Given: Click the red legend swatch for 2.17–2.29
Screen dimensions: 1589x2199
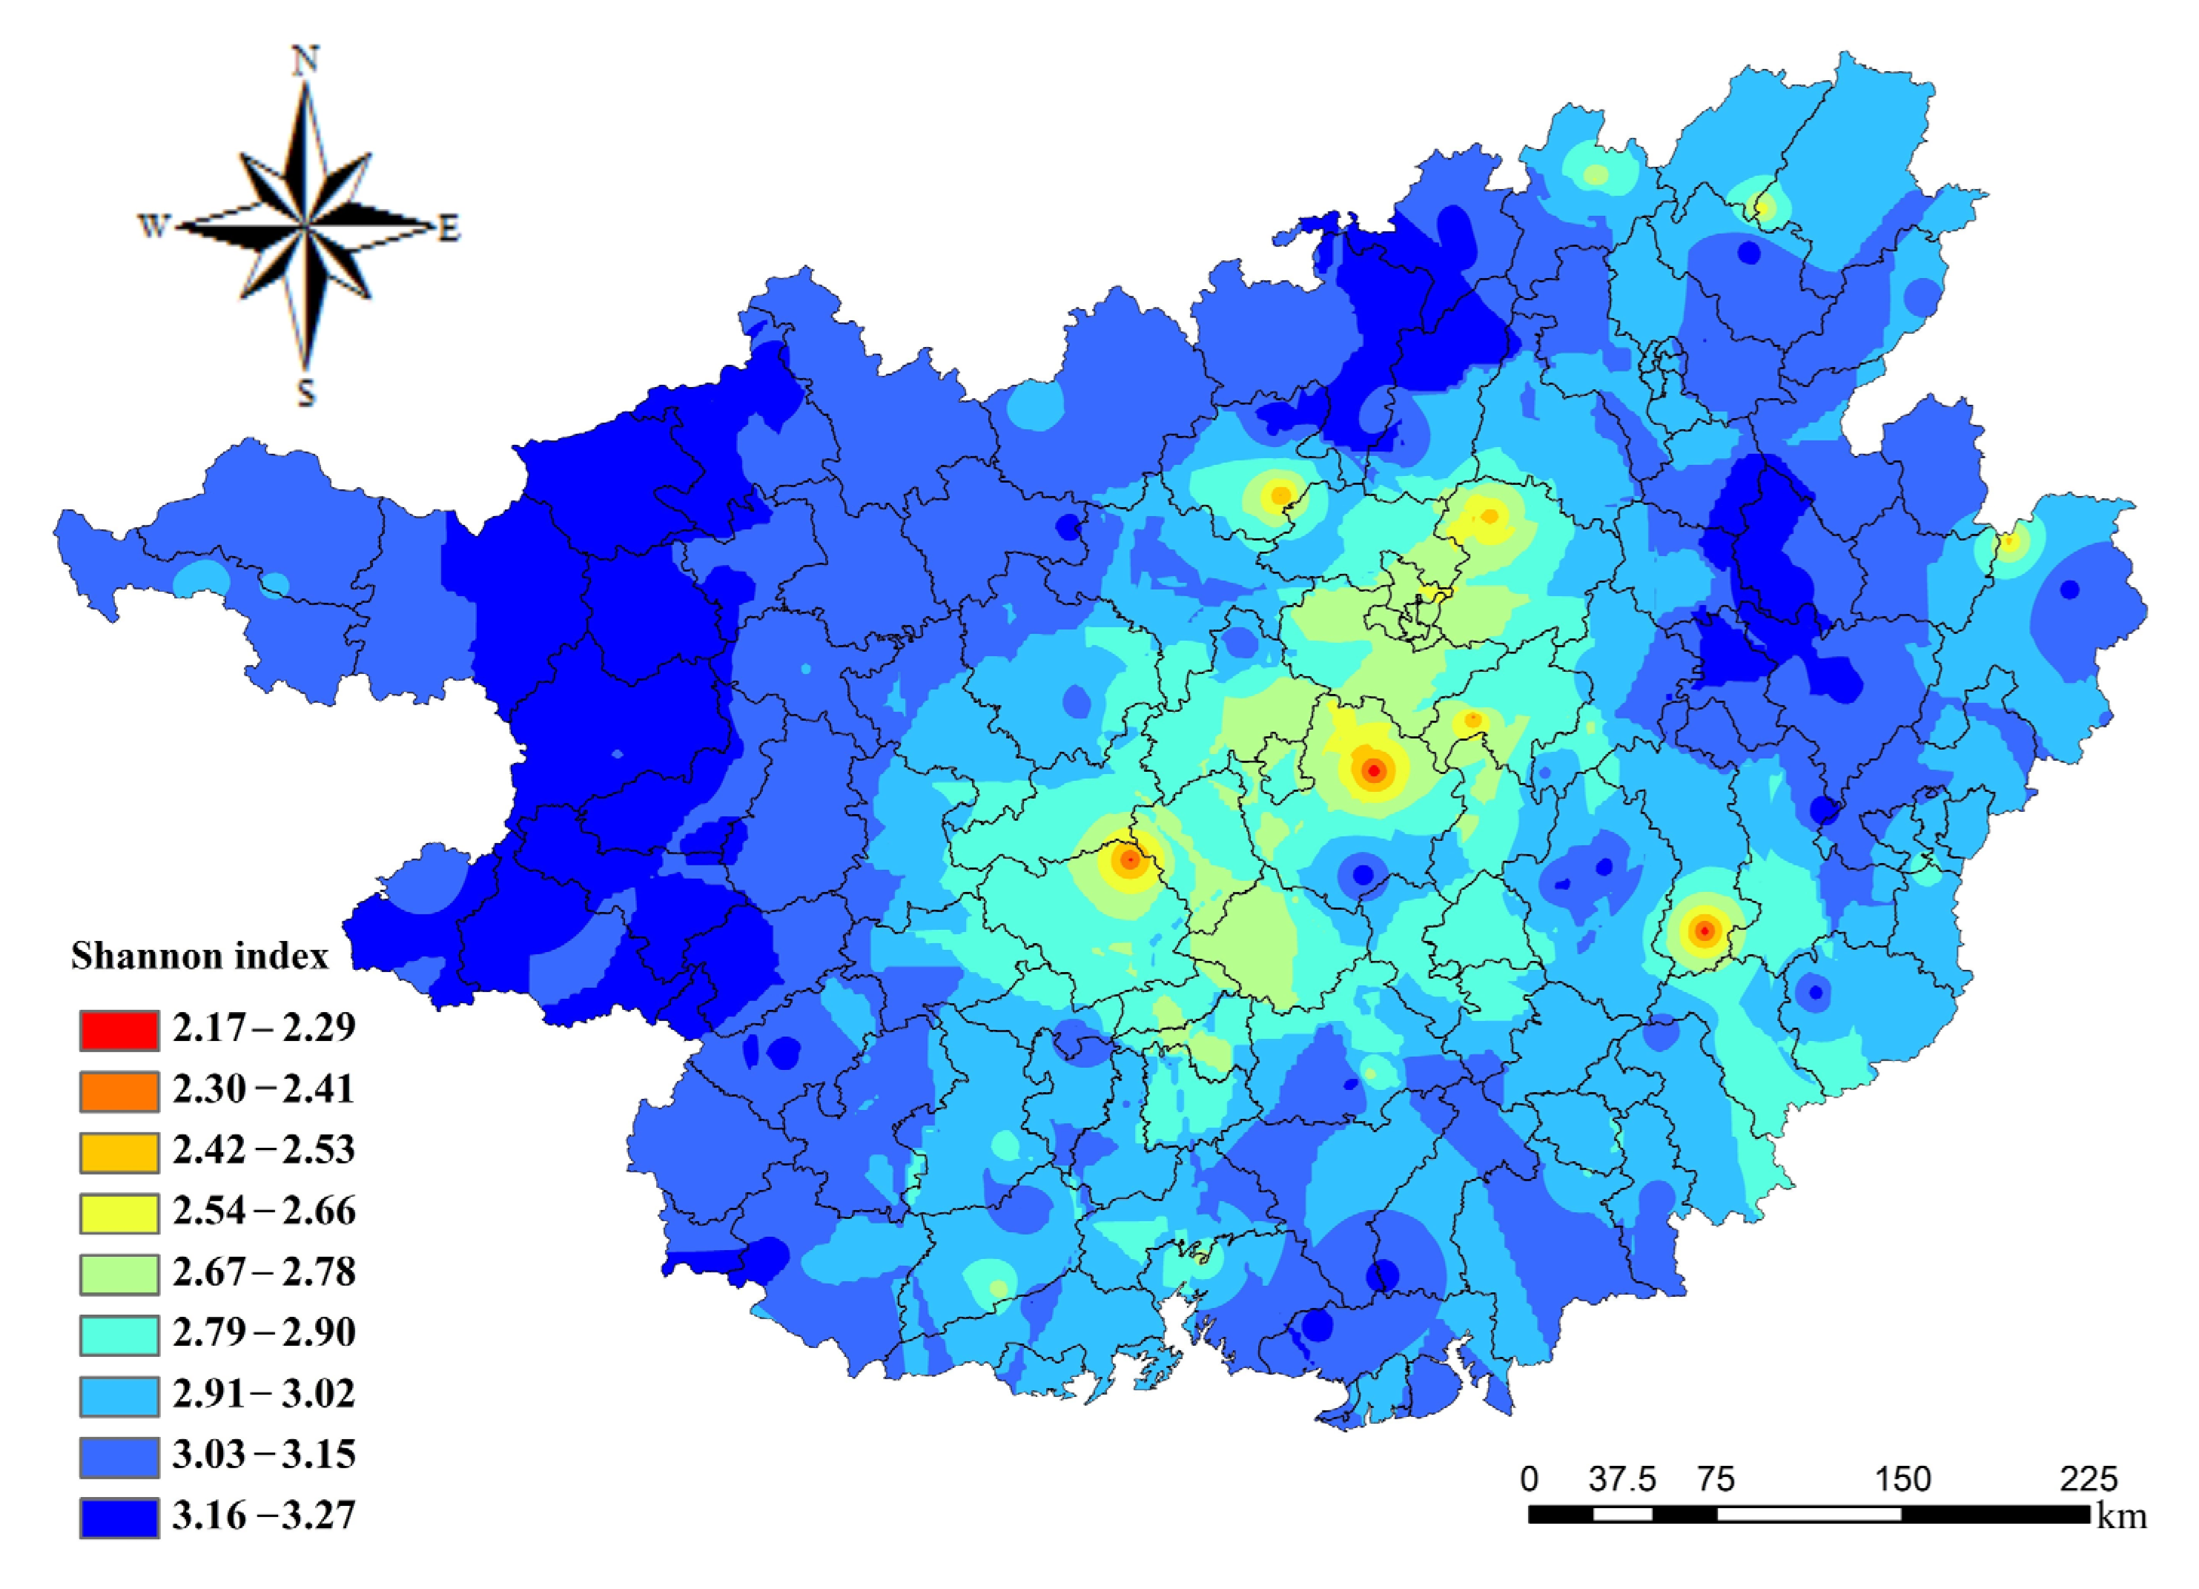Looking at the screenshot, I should pos(119,1031).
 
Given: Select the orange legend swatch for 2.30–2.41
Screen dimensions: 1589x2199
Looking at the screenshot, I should pos(119,1091).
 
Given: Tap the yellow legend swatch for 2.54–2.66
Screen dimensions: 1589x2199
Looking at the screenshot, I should pos(119,1214).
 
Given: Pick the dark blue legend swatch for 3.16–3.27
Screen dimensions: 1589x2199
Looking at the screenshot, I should pos(119,1519).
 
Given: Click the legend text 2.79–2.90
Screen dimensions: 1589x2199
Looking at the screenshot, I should pos(264,1333).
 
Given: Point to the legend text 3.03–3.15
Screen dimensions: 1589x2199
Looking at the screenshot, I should pos(264,1456).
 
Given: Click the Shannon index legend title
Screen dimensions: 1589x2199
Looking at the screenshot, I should pos(199,957).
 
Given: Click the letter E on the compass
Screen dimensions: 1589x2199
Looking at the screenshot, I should pos(448,230).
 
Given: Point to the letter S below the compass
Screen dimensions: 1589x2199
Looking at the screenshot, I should pos(305,394).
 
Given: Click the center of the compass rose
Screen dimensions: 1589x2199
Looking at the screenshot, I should pos(305,228).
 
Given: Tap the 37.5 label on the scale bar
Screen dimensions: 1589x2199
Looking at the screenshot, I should pos(1622,1479).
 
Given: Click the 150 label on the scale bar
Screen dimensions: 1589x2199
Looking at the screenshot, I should pos(1902,1479).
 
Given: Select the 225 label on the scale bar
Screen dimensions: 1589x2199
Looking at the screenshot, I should pos(2089,1479).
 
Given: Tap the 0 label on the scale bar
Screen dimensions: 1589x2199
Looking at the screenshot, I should pos(1530,1479).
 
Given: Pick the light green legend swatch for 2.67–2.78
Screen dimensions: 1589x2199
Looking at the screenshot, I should pos(119,1275).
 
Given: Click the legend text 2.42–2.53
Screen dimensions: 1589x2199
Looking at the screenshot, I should pos(264,1151).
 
